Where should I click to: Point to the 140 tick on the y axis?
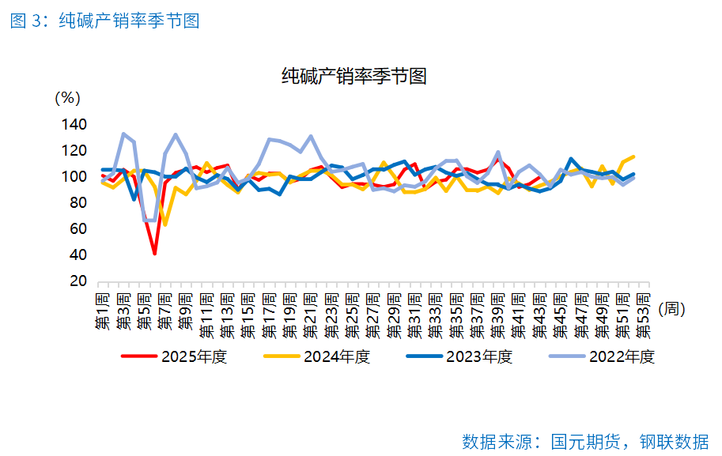(73, 124)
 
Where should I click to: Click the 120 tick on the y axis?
(73, 150)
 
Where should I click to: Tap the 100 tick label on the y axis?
(73, 176)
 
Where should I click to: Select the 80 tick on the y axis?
(77, 202)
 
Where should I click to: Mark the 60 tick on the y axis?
(77, 228)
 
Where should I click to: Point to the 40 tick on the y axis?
(77, 254)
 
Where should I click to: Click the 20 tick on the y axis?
(77, 281)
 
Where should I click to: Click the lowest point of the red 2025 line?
(154, 254)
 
